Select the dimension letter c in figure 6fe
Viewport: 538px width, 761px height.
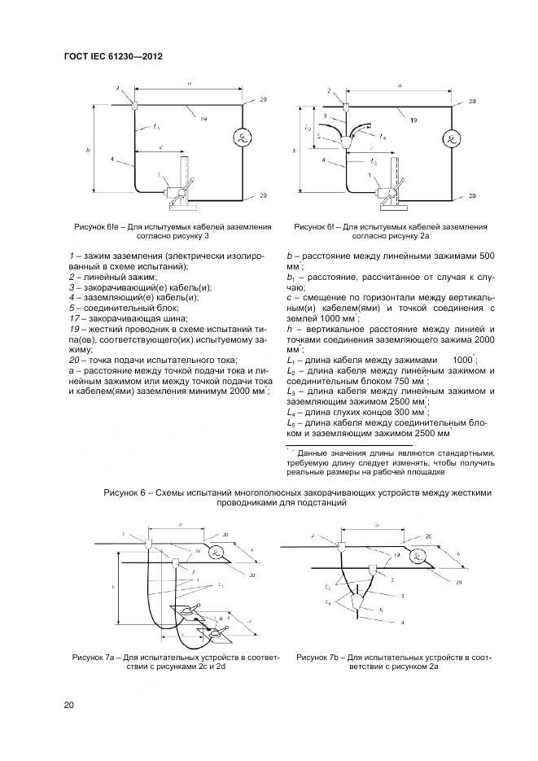[x=163, y=147]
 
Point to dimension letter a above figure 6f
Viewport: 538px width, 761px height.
[x=400, y=85]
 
